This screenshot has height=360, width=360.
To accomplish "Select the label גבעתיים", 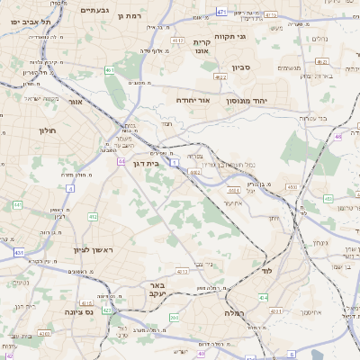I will pyautogui.click(x=94, y=9).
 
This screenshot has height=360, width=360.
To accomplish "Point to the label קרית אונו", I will pyautogui.click(x=201, y=47).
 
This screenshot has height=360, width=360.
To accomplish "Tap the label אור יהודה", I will pyautogui.click(x=193, y=100).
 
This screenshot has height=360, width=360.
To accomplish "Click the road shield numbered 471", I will pyautogui.click(x=221, y=13).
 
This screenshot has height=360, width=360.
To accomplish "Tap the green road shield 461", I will pyautogui.click(x=110, y=69).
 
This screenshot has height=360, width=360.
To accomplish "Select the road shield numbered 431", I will pyautogui.click(x=19, y=253).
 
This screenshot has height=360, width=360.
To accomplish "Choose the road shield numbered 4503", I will pyautogui.click(x=292, y=186).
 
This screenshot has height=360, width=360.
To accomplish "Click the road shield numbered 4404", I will pyautogui.click(x=233, y=191).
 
